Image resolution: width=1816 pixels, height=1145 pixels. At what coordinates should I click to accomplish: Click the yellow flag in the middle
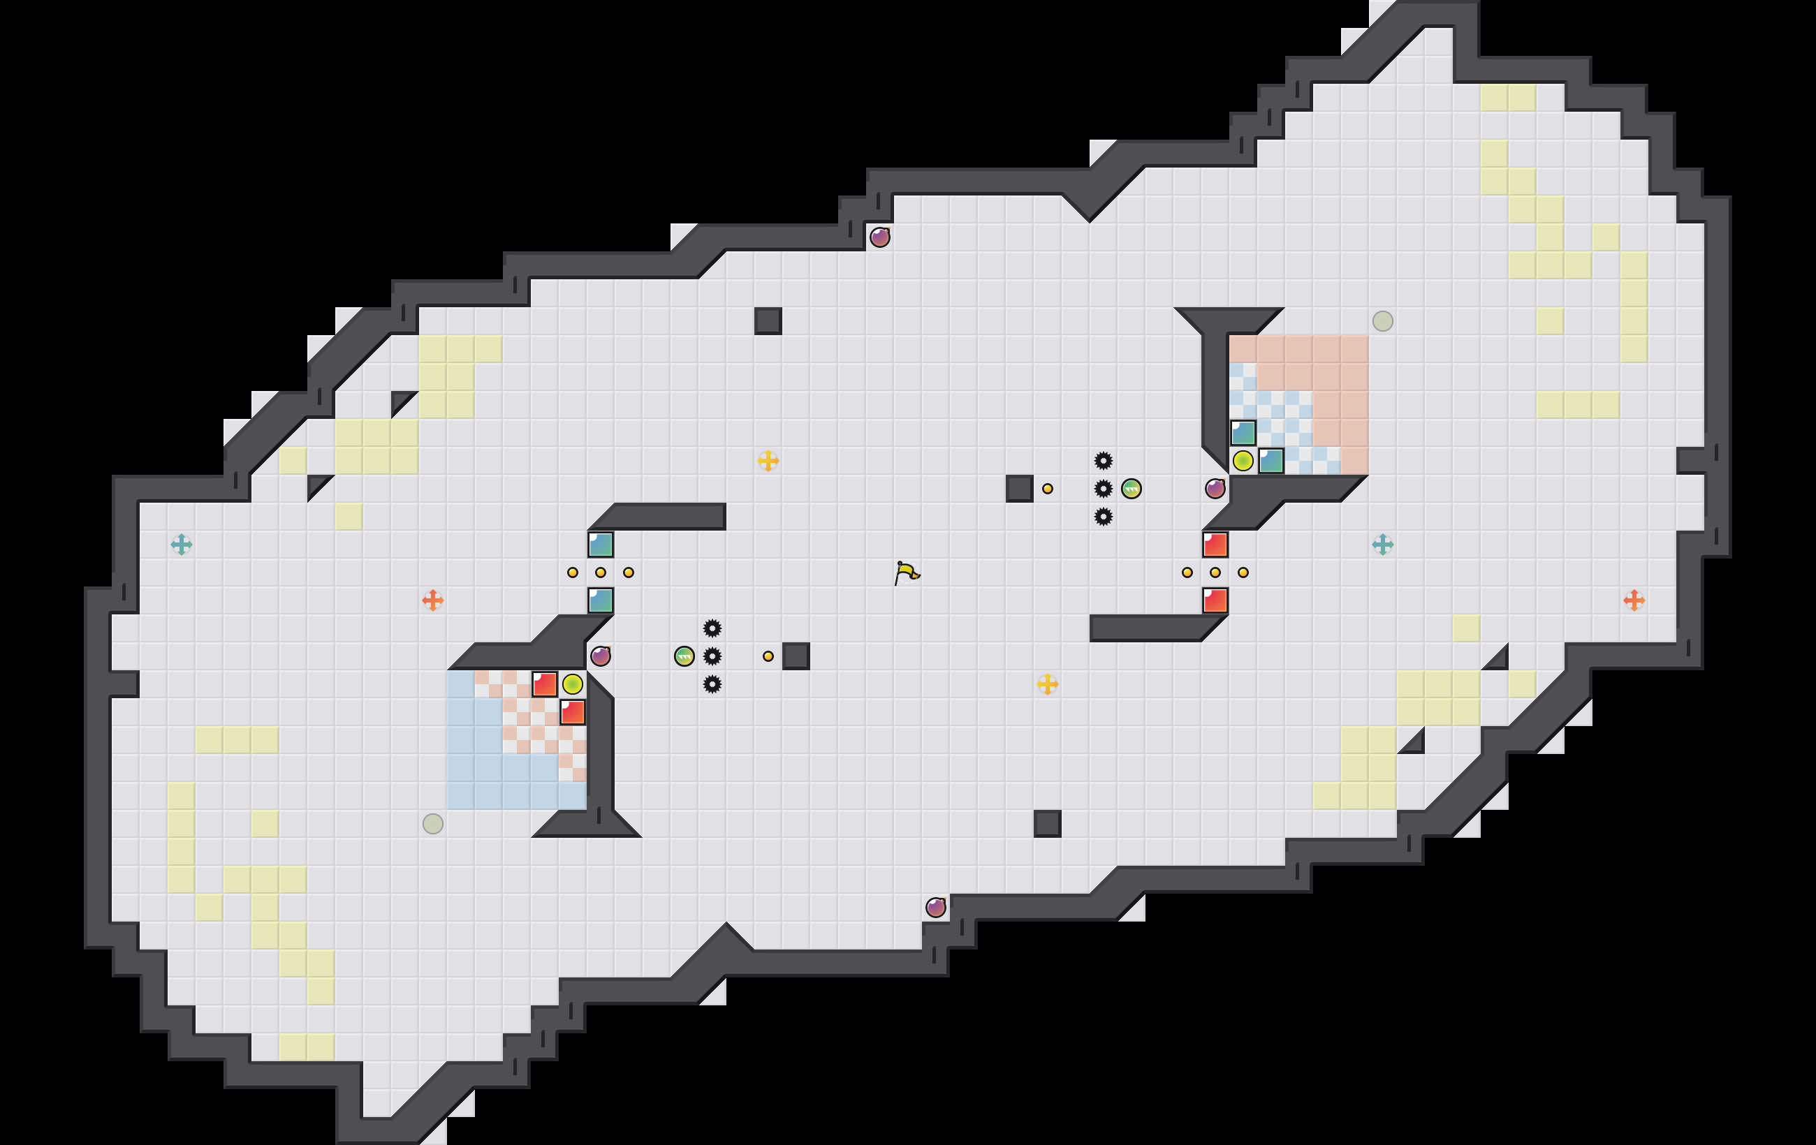coord(907,572)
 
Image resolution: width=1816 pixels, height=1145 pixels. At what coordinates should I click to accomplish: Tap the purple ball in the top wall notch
coord(879,237)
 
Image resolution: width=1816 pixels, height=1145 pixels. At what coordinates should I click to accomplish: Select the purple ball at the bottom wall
coord(935,907)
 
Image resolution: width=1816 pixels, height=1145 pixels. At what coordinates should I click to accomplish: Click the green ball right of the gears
coord(1131,489)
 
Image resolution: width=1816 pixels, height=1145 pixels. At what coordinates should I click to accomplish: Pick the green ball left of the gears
coord(684,656)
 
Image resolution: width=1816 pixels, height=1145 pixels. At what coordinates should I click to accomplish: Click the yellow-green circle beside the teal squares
coord(1243,461)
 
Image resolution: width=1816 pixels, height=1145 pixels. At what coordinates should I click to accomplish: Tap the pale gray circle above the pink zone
coord(1382,321)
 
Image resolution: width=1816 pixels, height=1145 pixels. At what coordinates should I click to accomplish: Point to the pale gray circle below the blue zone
coord(433,823)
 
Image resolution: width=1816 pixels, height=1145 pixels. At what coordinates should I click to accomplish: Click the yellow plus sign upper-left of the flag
coord(768,461)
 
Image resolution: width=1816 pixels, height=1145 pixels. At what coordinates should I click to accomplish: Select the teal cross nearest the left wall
coord(181,545)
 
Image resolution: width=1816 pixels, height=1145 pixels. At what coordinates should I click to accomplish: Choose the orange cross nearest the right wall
coord(1634,600)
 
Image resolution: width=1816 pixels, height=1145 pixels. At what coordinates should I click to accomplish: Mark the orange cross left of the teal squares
coord(433,600)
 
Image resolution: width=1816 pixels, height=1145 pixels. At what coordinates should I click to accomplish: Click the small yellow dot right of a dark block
coord(1047,489)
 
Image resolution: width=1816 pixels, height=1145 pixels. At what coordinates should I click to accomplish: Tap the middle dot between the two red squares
coord(1215,572)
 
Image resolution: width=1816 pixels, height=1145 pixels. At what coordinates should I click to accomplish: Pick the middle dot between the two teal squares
coord(600,572)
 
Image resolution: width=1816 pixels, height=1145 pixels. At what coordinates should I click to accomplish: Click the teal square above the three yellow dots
coord(600,545)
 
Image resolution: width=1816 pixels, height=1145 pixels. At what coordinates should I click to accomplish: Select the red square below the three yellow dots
coord(1215,600)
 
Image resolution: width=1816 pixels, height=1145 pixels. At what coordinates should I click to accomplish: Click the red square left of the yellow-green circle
coord(545,684)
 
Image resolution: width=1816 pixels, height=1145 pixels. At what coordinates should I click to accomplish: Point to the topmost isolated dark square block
coord(768,321)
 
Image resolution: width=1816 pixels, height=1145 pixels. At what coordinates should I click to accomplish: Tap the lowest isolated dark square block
coord(1047,823)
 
